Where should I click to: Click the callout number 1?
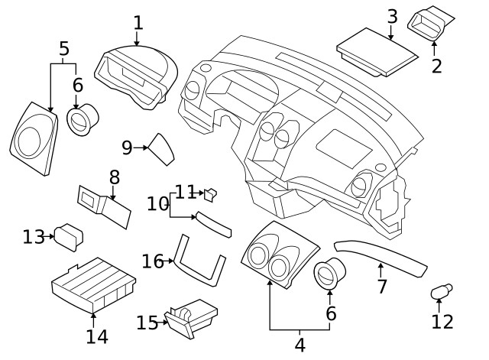138,22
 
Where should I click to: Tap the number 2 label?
436,66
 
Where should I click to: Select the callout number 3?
392,16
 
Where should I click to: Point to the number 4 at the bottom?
300,345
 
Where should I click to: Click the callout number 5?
64,50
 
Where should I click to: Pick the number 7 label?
382,287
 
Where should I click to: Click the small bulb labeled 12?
440,292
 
